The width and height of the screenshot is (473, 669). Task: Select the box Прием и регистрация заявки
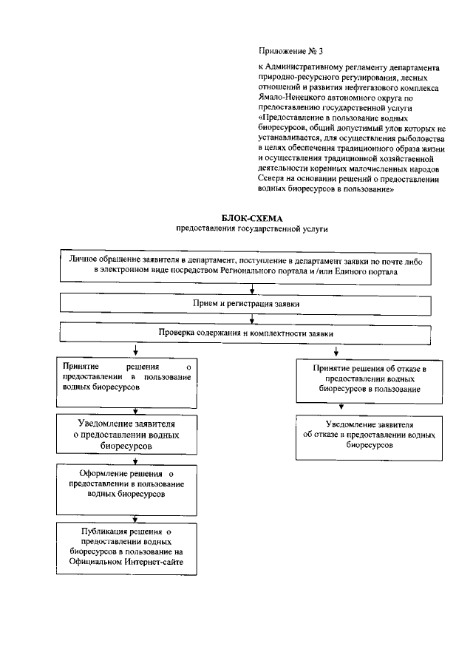tap(252, 304)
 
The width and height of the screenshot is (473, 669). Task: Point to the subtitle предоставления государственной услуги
tap(251, 229)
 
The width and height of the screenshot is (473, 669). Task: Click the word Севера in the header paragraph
tap(273, 180)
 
